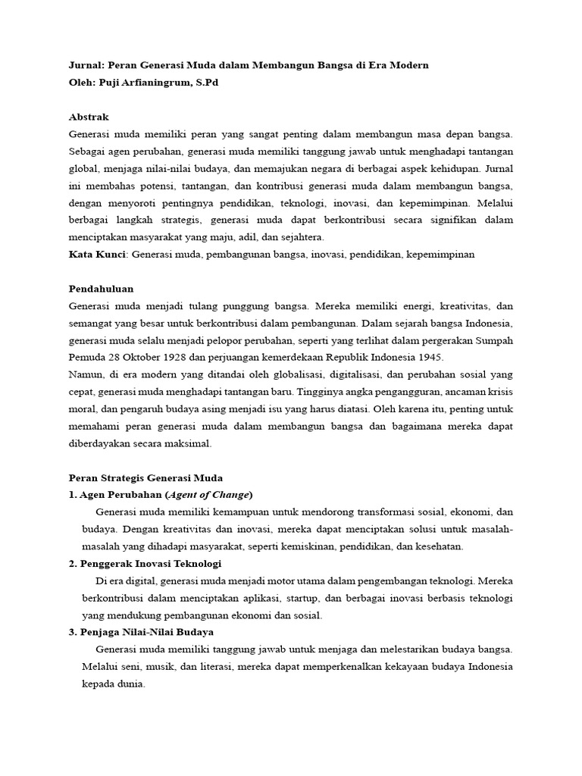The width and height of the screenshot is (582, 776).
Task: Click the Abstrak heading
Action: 89,117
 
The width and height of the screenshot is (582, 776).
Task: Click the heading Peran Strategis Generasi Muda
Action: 145,478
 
